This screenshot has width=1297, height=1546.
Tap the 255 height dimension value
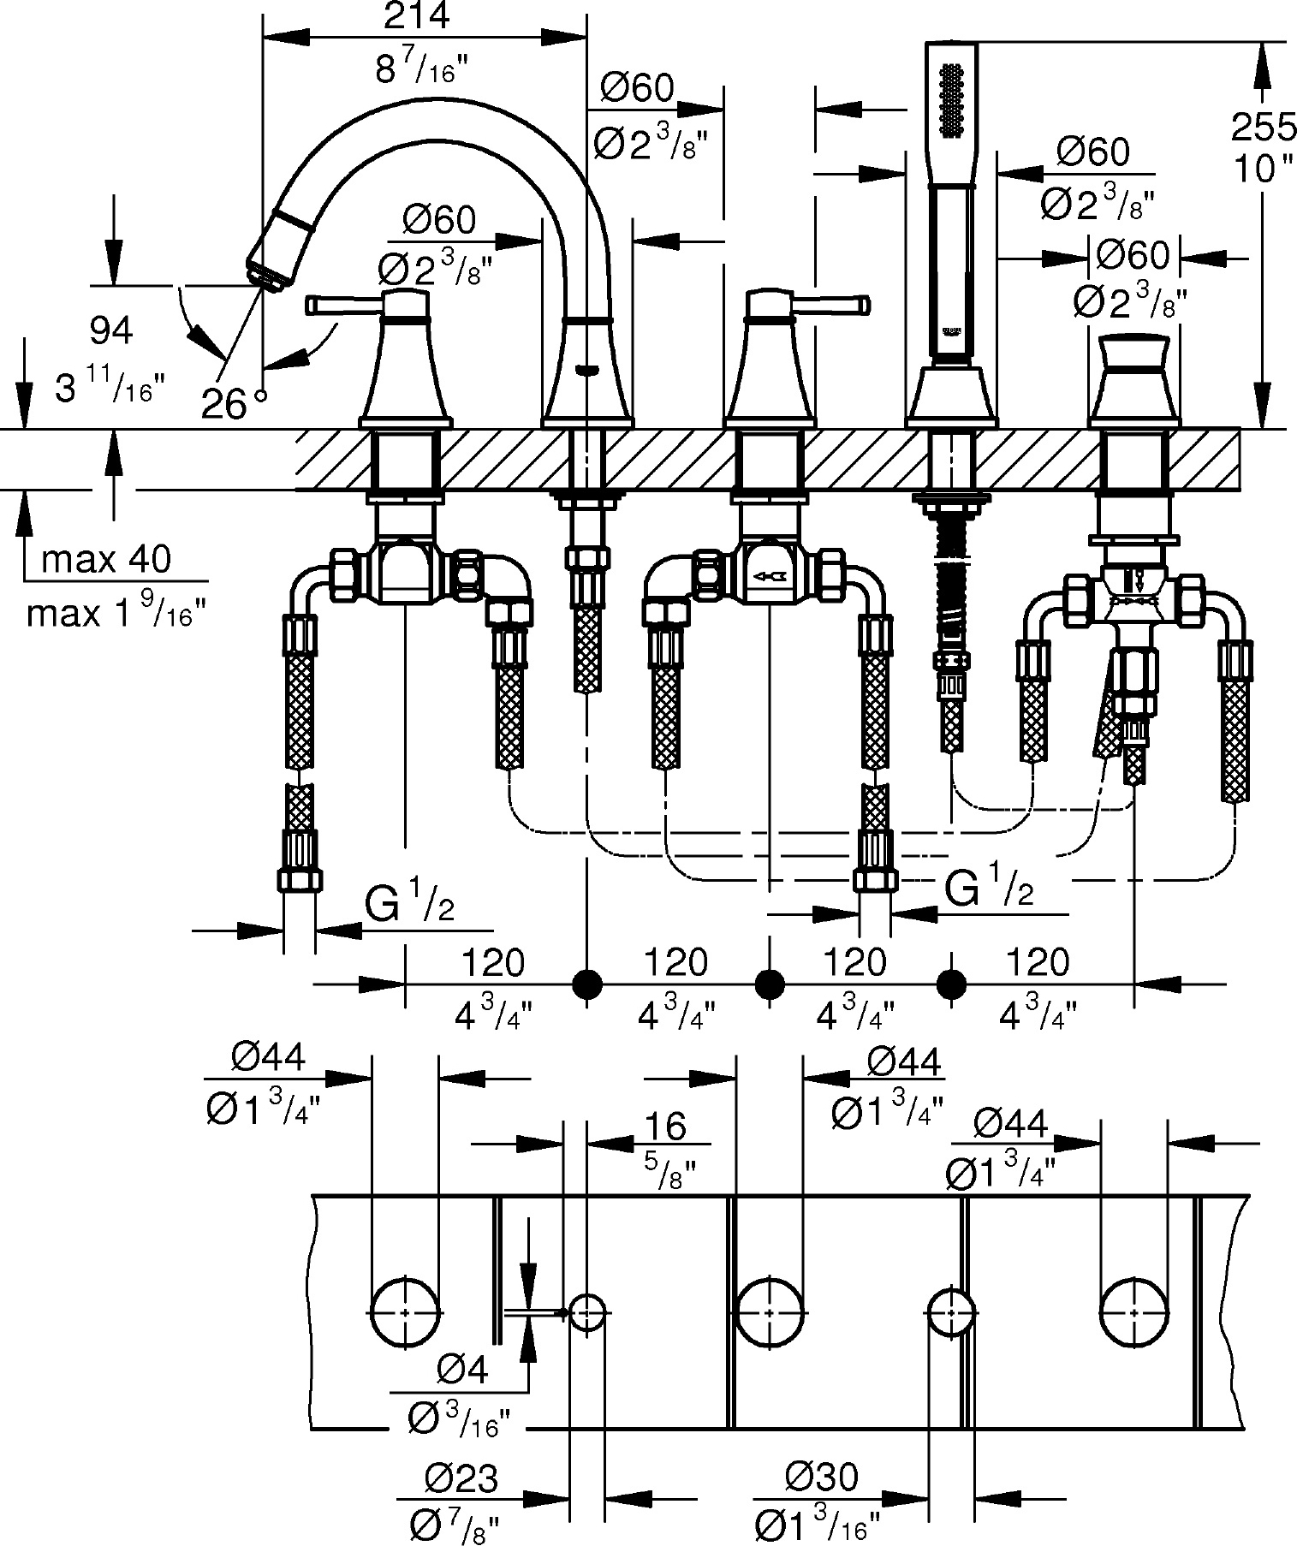pos(1264,128)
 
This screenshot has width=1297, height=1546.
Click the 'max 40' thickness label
pos(106,560)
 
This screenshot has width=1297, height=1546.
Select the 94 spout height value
pos(111,330)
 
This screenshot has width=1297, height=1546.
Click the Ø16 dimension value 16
pos(667,1126)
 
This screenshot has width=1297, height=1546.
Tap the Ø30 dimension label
pos(821,1478)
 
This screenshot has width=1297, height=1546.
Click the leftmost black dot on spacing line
pos(586,984)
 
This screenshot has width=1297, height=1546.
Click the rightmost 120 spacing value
pos(1037,962)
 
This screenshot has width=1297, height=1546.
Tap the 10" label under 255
pos(1264,169)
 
